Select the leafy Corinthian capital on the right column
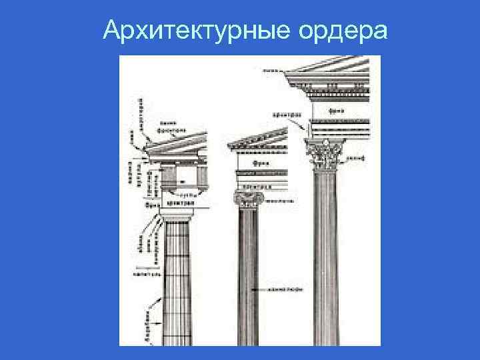(x=325, y=155)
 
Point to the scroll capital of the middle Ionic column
(x=247, y=198)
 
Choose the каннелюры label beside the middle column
(x=281, y=290)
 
